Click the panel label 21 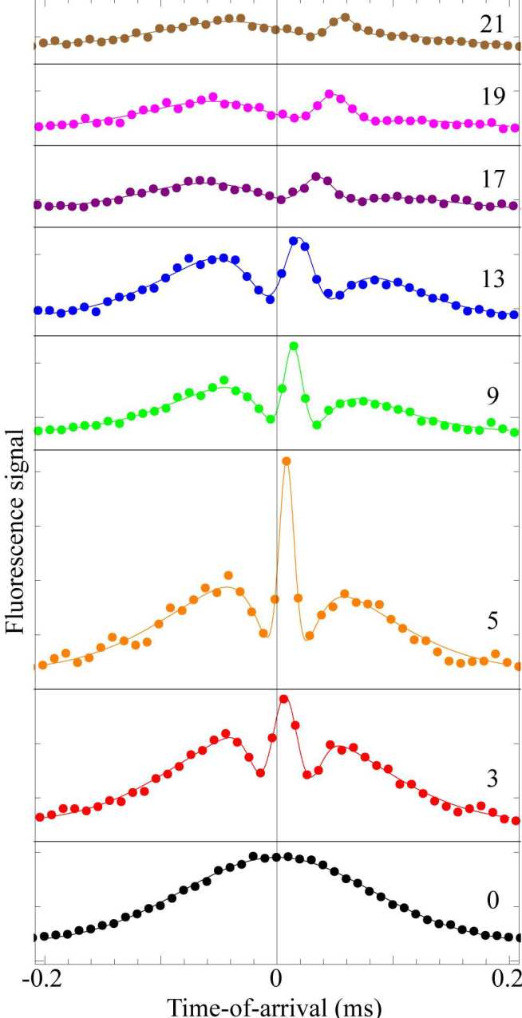pos(492,25)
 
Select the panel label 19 pos(492,97)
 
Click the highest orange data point pos(286,461)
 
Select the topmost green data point pos(294,346)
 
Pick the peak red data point pos(283,699)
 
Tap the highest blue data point pos(294,240)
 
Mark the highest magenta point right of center pos(330,94)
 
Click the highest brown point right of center pos(345,18)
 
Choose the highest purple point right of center pos(316,176)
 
